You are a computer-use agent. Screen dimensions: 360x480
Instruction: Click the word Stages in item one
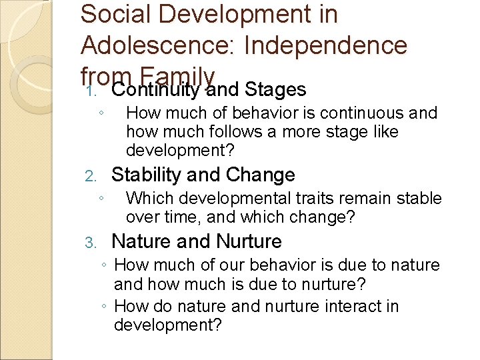(275, 89)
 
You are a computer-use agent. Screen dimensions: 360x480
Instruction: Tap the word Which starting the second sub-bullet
(148, 199)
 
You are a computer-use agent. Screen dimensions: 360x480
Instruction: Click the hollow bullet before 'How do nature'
(106, 307)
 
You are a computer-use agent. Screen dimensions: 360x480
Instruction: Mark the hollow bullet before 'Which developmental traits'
(99, 198)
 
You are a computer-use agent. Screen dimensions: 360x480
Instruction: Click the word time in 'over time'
(176, 217)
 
